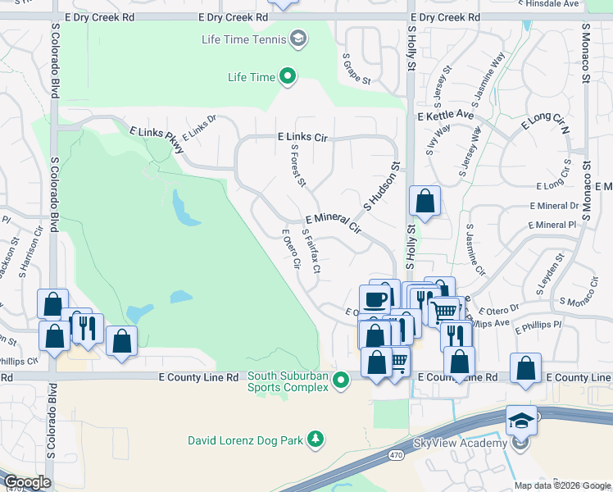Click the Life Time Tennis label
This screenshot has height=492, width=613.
click(x=243, y=39)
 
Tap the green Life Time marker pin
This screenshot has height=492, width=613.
click(x=288, y=77)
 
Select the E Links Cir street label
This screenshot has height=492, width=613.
click(x=302, y=138)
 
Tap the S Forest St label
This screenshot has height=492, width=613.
click(x=297, y=166)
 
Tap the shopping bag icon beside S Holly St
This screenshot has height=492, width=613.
click(x=425, y=201)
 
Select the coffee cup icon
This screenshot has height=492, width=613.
click(x=375, y=298)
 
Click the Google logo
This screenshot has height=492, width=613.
click(x=27, y=482)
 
